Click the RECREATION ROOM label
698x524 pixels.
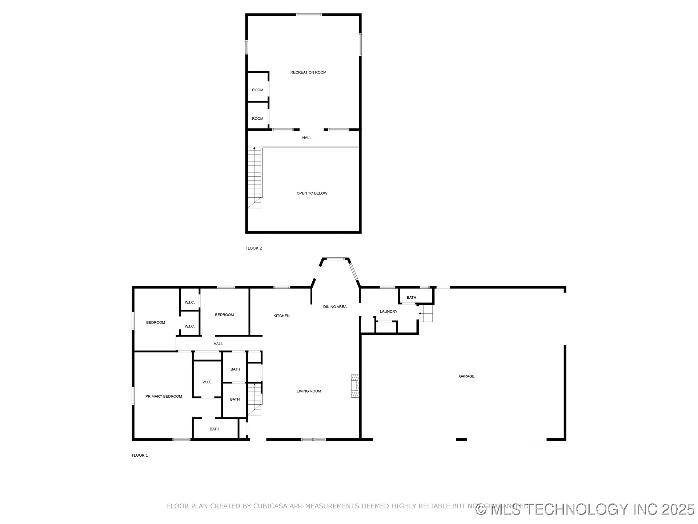point(308,72)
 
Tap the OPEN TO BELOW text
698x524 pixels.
point(312,193)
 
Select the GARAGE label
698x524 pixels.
point(466,376)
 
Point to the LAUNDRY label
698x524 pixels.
point(388,311)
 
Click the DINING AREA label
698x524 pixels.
point(335,307)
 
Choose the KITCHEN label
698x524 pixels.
point(281,316)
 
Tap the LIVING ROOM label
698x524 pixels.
point(309,391)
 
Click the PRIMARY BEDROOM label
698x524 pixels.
point(164,396)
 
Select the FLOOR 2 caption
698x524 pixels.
point(254,248)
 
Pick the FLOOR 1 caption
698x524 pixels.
point(140,455)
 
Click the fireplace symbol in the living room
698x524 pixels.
point(355,385)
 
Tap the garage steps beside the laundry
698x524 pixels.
point(428,313)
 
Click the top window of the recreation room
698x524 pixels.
point(309,15)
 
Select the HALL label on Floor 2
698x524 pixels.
point(307,138)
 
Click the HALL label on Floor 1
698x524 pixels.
point(218,344)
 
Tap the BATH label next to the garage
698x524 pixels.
point(412,298)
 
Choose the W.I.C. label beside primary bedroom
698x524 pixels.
point(207,382)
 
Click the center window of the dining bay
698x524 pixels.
point(335,259)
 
